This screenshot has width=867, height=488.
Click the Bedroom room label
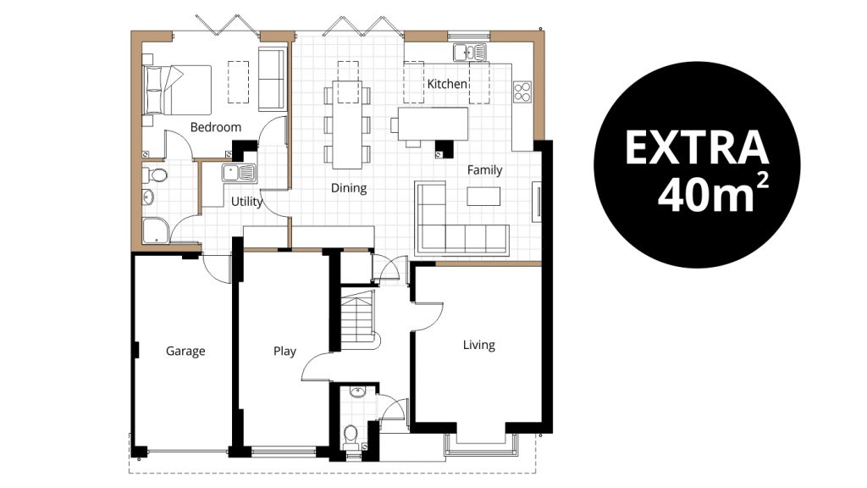pos(216,127)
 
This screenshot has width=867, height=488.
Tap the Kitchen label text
pos(447,84)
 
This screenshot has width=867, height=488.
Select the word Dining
pos(348,188)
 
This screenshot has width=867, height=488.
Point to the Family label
pos(484,169)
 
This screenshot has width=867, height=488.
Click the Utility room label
pos(246,202)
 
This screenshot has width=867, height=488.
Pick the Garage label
pos(185,352)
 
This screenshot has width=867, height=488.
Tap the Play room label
pos(284,352)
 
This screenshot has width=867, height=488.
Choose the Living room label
pos(479,346)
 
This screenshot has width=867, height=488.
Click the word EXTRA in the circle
pos(697,147)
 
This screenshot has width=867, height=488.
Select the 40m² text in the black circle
pos(712,195)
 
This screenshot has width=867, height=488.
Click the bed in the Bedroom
pos(177,89)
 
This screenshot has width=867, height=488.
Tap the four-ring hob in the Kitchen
pos(522,91)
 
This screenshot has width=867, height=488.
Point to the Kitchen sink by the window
pos(470,53)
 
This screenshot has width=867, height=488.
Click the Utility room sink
pos(240,173)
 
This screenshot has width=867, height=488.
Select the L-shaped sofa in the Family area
pos(461,219)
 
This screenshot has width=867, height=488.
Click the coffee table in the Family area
pos(483,197)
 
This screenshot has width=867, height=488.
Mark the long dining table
pos(346,125)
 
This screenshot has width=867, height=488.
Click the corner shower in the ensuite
pos(156,231)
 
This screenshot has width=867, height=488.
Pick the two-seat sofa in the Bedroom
pos(272,80)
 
